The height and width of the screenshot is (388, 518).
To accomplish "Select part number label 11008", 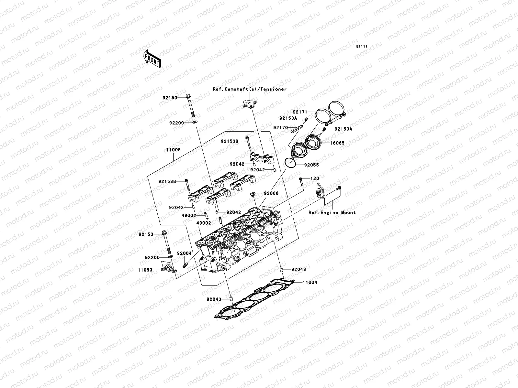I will (x=173, y=150).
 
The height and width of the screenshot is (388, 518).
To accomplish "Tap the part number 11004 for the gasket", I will (x=310, y=282).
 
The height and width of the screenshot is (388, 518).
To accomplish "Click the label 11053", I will (x=145, y=269).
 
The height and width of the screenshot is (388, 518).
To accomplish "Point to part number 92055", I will (x=311, y=165).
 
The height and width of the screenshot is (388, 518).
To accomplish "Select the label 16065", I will (x=337, y=143).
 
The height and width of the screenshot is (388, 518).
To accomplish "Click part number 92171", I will (x=300, y=112).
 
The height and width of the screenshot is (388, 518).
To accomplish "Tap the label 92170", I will (x=280, y=128).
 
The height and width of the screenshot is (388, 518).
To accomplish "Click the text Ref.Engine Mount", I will (x=332, y=212).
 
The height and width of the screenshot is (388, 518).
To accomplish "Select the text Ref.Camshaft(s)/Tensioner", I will (x=249, y=89).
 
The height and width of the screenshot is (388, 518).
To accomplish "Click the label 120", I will (x=315, y=178).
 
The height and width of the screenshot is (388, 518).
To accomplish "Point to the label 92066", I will (x=271, y=193).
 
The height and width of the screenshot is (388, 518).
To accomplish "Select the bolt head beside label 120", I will (x=301, y=179).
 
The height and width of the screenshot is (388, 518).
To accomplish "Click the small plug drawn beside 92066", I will (x=253, y=194).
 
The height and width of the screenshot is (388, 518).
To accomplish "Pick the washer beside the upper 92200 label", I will (x=195, y=123).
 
